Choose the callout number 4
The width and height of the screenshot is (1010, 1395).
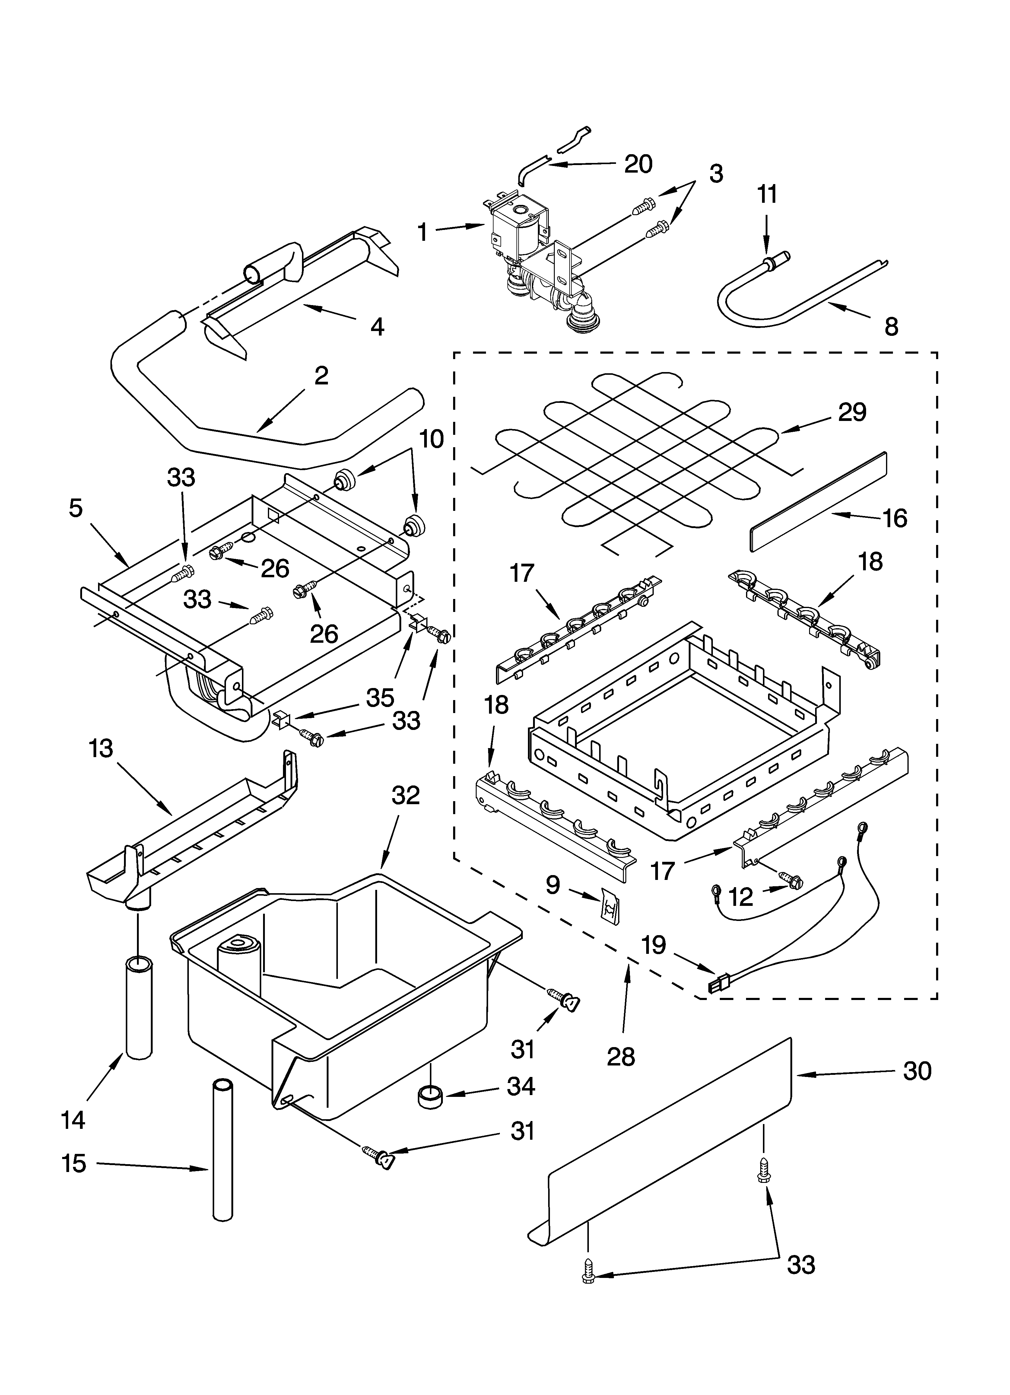[x=377, y=326]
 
